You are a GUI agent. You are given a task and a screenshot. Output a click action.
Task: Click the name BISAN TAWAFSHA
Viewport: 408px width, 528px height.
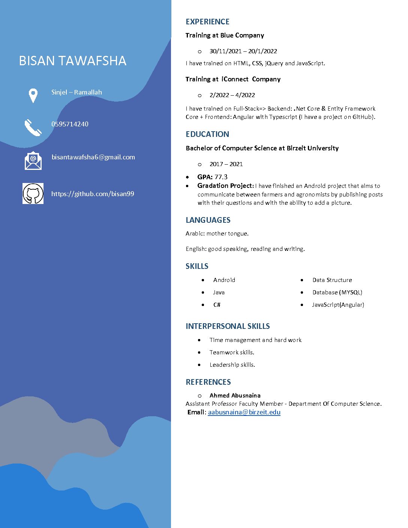click(x=72, y=61)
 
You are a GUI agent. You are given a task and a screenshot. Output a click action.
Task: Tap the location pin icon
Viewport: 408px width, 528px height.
click(x=33, y=95)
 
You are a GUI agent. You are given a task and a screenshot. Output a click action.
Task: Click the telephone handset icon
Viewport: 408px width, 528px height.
click(x=33, y=127)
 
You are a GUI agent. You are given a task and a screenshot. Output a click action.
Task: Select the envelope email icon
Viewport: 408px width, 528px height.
click(x=33, y=160)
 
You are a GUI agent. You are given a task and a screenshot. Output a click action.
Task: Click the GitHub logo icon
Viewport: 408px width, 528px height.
click(x=33, y=193)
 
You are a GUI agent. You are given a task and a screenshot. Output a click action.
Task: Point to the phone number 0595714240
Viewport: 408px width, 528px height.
click(x=70, y=124)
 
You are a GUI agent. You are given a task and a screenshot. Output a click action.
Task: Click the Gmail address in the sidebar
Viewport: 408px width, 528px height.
click(x=93, y=157)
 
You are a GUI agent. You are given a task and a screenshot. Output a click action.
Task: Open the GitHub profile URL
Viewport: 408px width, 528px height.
click(x=93, y=194)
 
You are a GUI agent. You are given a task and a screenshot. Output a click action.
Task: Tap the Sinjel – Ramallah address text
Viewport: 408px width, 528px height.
click(x=76, y=92)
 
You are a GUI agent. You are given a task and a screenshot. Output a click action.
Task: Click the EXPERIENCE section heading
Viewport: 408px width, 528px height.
click(x=207, y=22)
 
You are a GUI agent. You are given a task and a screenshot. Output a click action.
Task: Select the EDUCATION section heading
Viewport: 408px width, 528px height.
click(x=207, y=134)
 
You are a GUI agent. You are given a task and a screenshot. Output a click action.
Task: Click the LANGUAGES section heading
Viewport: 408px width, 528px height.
click(x=208, y=220)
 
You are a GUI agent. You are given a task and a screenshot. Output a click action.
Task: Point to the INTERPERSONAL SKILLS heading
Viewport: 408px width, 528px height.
click(x=228, y=326)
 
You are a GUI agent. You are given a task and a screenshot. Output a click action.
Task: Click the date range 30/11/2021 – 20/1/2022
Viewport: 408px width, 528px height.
click(x=243, y=51)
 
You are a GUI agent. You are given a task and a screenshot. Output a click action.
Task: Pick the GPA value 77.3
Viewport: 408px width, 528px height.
click(x=221, y=177)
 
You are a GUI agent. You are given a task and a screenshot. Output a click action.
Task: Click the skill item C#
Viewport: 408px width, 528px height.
click(x=217, y=305)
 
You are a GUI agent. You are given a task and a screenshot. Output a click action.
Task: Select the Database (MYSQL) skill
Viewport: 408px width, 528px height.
click(x=337, y=292)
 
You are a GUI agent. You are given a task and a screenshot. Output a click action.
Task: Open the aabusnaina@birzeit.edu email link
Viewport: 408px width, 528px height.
click(x=244, y=412)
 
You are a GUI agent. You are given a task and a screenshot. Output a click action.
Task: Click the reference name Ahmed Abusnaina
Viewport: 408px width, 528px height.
click(x=235, y=396)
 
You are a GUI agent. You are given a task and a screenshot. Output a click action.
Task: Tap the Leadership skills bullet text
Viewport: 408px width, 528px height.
click(x=232, y=365)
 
